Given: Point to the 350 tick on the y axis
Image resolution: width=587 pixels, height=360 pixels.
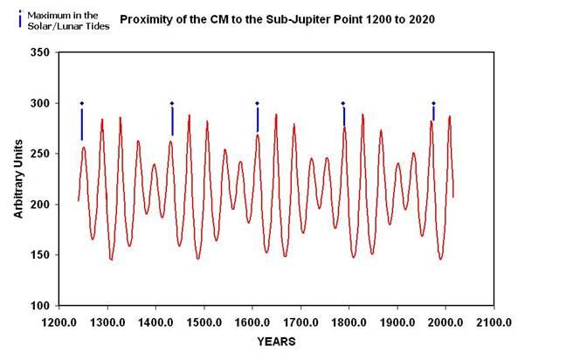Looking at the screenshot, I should [39, 53].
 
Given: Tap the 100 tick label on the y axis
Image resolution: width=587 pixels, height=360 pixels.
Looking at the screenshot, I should [39, 306].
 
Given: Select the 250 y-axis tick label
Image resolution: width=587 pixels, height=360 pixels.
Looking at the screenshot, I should [39, 154].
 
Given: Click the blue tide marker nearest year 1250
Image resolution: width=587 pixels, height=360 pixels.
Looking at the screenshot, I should [82, 122].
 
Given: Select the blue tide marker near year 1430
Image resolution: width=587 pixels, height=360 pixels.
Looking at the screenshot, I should [172, 120].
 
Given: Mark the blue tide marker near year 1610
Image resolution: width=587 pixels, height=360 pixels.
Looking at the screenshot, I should [257, 118].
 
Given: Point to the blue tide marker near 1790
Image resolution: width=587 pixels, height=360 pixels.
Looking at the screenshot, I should [343, 115].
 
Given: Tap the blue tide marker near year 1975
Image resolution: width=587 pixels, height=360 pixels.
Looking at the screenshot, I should [433, 112].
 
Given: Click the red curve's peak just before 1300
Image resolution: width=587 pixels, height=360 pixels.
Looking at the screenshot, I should [102, 120].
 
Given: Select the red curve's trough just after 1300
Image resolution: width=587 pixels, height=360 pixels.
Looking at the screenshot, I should [112, 259].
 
